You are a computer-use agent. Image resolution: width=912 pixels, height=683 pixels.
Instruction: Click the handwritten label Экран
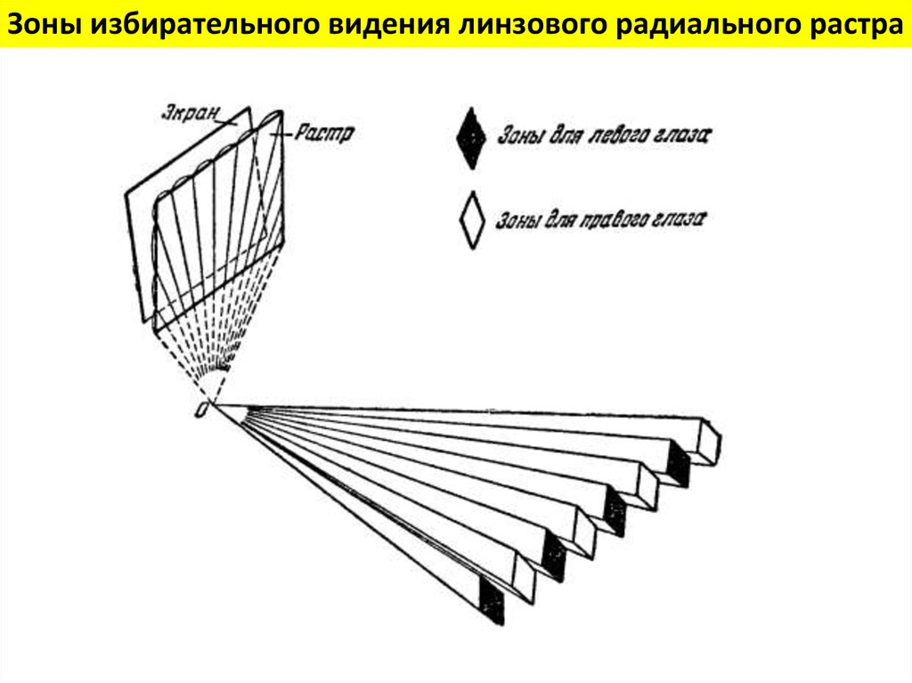(x=189, y=113)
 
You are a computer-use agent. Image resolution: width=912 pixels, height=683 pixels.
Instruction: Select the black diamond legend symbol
(x=470, y=139)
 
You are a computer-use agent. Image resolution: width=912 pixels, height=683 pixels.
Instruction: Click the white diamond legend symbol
(x=471, y=219)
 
